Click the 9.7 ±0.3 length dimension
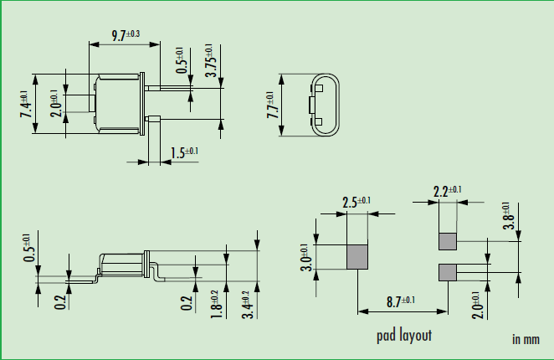pos(125,36)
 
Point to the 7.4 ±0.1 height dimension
pos(25,103)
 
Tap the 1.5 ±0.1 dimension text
pos(184,152)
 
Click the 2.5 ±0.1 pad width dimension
pos(357,202)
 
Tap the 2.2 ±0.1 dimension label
pos(447,191)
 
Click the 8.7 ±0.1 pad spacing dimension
pos(401,299)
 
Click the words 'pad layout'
pos(404,335)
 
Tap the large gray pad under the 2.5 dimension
pos(358,256)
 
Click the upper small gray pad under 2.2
pos(448,241)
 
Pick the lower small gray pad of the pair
pos(448,272)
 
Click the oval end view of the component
pos(323,105)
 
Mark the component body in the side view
pos(123,264)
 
